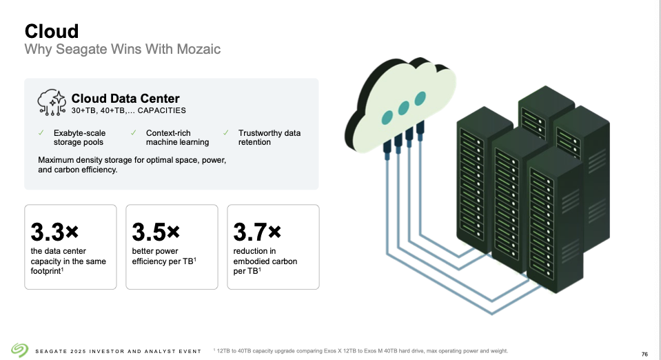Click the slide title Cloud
[x=52, y=31]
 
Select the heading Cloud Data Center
[x=125, y=99]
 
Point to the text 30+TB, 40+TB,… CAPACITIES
[x=129, y=110]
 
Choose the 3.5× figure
[x=155, y=230]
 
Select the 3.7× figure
[x=257, y=230]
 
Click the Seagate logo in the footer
[x=19, y=350]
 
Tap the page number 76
[x=644, y=354]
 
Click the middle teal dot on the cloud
[x=404, y=107]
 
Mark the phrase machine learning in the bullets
[x=177, y=142]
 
